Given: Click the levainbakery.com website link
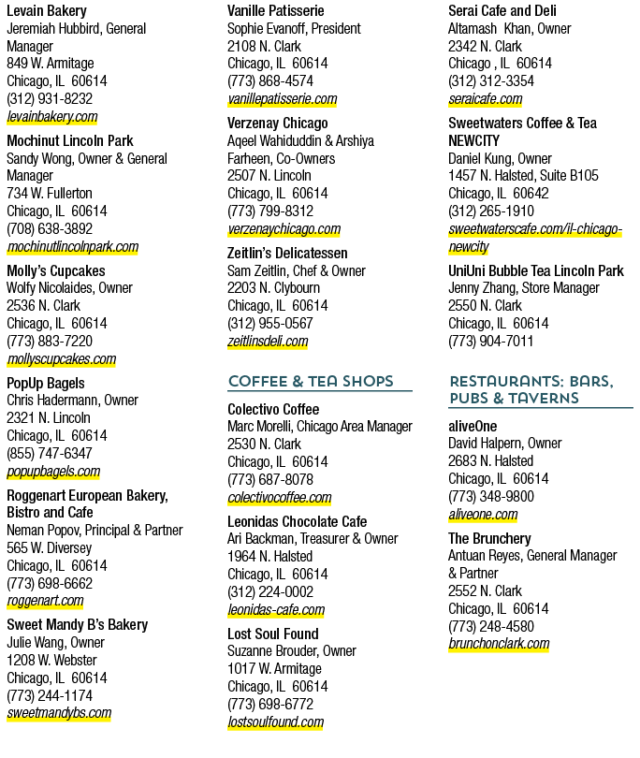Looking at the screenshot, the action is (x=52, y=116).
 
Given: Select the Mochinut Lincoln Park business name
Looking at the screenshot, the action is (x=70, y=140).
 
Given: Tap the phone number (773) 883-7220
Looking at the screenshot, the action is (x=50, y=341).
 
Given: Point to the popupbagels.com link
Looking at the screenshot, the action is (x=53, y=472).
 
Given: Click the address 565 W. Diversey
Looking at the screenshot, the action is (x=50, y=547).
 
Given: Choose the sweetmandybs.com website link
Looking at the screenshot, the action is (x=59, y=713).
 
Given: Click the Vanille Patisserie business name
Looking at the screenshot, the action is (x=275, y=10).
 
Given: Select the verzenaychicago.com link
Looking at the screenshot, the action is (x=284, y=228).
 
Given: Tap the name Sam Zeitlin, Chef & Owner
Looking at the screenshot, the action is (x=297, y=270).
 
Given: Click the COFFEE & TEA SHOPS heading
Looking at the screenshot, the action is (x=311, y=382).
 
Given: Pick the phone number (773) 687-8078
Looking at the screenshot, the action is (x=270, y=479).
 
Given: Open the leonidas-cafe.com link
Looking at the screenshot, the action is (x=276, y=610).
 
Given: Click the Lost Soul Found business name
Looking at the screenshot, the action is (x=273, y=634).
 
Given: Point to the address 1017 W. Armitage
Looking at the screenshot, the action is (x=274, y=668).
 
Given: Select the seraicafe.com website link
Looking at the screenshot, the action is (x=486, y=99).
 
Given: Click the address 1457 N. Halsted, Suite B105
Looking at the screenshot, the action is (x=523, y=176).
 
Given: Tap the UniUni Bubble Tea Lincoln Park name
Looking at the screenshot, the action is (x=536, y=270).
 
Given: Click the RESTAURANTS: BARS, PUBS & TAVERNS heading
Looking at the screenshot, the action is (x=531, y=389).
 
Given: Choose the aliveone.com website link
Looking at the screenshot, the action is (x=483, y=515).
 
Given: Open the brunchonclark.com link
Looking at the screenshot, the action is (x=499, y=644).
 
